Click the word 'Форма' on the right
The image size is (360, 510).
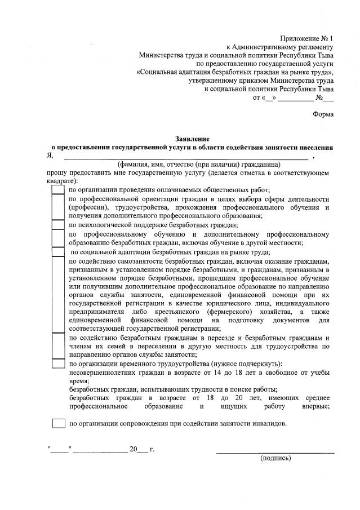(323, 114)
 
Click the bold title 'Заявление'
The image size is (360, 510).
(193, 139)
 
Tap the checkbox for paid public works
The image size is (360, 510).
(58, 189)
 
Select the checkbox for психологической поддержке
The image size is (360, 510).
(58, 225)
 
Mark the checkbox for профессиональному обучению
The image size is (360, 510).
(58, 238)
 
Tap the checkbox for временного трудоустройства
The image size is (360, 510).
(58, 363)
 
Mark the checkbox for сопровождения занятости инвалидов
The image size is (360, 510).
(58, 423)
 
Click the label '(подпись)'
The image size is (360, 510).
(275, 458)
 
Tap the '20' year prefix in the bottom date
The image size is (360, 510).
(133, 449)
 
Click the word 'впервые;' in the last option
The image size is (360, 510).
(315, 406)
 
